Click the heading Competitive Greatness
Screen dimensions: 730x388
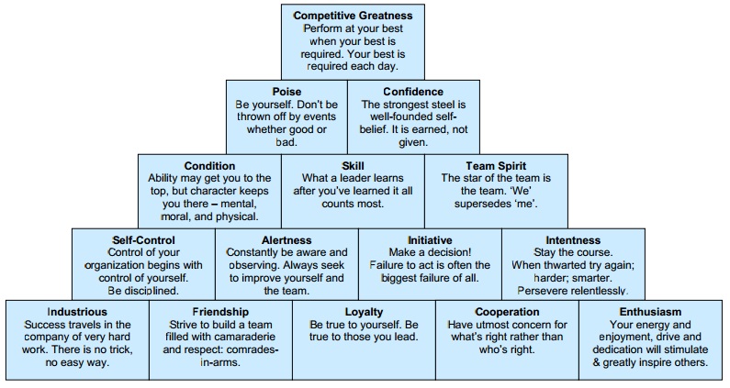pos(353,16)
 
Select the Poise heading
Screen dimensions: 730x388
pos(286,92)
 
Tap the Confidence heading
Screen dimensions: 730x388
pos(413,92)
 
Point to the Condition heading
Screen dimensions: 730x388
pos(209,166)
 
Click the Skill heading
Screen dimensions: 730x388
pos(353,166)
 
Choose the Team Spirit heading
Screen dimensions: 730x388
pos(496,166)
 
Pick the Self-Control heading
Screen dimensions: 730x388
pos(143,240)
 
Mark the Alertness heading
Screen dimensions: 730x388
pos(286,240)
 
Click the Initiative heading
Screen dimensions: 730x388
pos(430,240)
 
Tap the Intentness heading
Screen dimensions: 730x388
pos(573,240)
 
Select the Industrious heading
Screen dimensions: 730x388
pos(77,312)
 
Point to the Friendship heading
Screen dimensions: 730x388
pos(220,312)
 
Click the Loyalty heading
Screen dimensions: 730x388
pos(364,312)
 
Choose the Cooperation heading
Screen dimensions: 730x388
pos(507,312)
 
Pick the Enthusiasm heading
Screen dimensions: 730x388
pos(650,312)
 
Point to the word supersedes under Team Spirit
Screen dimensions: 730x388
pos(482,204)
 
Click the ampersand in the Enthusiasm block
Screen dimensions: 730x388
pos(596,362)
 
